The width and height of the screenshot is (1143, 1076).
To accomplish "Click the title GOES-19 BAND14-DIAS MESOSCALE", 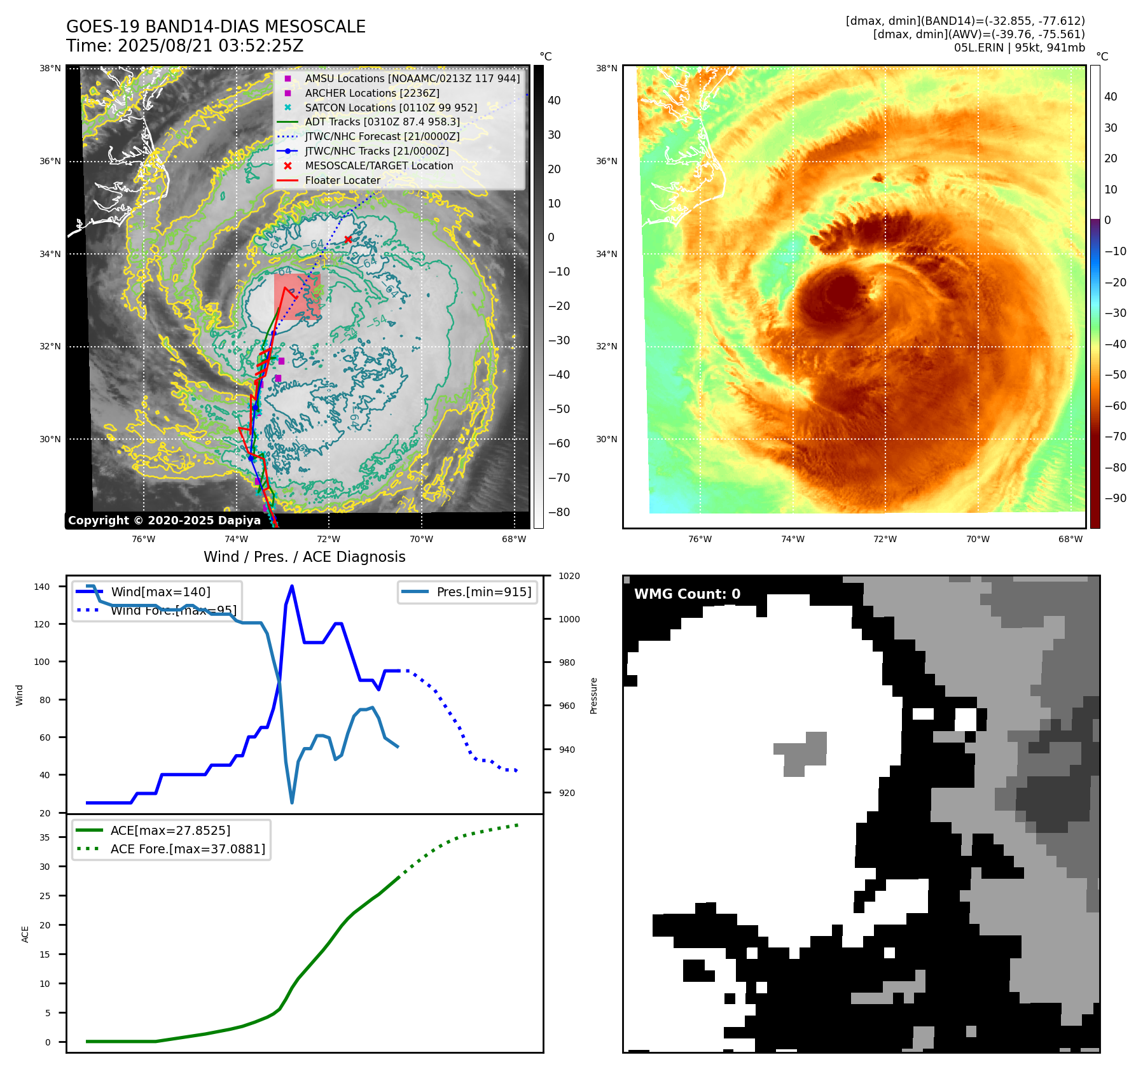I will click(x=216, y=27).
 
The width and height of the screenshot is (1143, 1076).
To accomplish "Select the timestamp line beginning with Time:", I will click(x=184, y=46).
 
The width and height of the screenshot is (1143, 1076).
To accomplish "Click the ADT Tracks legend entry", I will click(x=382, y=122).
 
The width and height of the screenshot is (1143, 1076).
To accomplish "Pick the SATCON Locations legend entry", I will click(x=391, y=108).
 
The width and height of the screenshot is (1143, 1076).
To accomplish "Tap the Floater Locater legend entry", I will click(x=342, y=180).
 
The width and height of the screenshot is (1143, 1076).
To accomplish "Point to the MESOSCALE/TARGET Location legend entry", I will click(x=378, y=165).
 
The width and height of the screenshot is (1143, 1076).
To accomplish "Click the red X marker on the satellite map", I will click(x=348, y=240).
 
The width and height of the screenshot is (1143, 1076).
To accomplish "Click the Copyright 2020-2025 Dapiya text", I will click(x=164, y=521).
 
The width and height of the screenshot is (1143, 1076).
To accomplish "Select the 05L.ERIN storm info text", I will click(x=1019, y=48).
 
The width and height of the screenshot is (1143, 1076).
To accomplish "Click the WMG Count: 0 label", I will click(x=687, y=594).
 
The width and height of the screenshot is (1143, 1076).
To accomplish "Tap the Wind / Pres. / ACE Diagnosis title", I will click(x=304, y=557).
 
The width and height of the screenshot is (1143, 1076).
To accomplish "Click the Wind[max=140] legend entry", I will click(x=160, y=592).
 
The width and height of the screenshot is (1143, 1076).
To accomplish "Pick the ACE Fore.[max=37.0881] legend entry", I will click(x=188, y=849).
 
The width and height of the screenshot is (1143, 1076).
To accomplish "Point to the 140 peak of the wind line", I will click(x=292, y=586).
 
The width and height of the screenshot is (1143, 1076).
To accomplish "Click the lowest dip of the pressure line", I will click(x=292, y=802).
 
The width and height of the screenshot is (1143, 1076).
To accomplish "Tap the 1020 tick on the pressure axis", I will click(x=569, y=576).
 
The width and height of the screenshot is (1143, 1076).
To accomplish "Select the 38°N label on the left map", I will click(x=50, y=69).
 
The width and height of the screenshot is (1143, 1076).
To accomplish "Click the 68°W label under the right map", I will click(x=1070, y=539).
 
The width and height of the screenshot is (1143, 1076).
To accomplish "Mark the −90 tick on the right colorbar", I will click(x=1115, y=498).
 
